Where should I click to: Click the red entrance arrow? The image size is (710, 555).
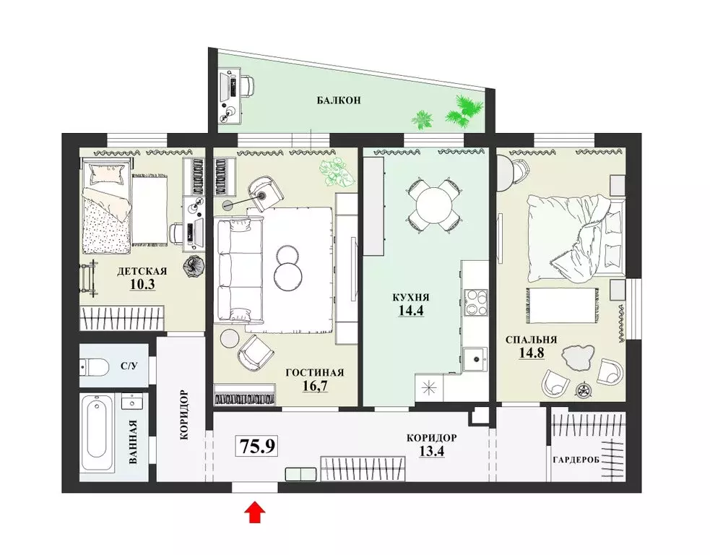[x=255, y=512]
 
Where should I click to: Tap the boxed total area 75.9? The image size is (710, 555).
[x=256, y=447]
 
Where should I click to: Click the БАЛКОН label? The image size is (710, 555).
[x=339, y=100]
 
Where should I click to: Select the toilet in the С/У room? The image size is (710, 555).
[x=93, y=366]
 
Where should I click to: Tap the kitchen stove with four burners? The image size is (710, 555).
[x=475, y=302]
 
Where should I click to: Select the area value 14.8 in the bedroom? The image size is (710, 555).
[x=532, y=353]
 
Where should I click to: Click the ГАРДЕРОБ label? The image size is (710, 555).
[x=576, y=460]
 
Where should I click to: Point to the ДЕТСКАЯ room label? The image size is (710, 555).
[x=142, y=272]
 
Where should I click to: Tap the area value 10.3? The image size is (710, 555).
[x=142, y=284]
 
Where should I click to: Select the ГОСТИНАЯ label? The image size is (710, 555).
[x=315, y=372]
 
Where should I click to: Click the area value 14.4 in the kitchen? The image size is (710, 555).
[x=411, y=310]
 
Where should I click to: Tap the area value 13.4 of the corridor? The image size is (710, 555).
[x=432, y=451]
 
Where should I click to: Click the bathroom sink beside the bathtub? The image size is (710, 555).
[x=132, y=401]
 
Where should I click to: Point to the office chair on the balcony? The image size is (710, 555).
[x=246, y=85]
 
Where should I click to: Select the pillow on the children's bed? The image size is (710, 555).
[x=107, y=173]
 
